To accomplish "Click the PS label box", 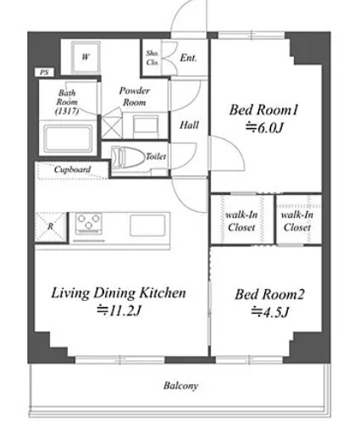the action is [x=44, y=72].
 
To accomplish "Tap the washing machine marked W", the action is [x=86, y=58].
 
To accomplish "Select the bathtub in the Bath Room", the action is [x=69, y=138].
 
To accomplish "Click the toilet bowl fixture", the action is [x=127, y=157].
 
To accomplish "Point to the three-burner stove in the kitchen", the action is [x=88, y=223].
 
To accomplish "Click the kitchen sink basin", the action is [x=147, y=225].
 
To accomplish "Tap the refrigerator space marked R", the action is [x=50, y=227].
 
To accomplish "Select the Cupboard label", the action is [x=72, y=170].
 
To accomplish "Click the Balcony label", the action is [x=180, y=386].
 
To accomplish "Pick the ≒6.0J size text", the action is [x=264, y=128].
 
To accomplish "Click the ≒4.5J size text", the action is [x=270, y=312].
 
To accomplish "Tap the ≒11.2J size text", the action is [x=119, y=311].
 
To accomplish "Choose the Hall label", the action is [x=189, y=125].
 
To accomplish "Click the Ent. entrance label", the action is [x=188, y=58].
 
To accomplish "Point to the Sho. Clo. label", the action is [x=152, y=58].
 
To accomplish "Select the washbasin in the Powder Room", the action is [x=146, y=125].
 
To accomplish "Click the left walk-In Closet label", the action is [x=241, y=221].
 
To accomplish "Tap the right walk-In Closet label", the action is [x=297, y=221].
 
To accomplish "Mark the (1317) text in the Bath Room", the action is [x=67, y=111].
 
